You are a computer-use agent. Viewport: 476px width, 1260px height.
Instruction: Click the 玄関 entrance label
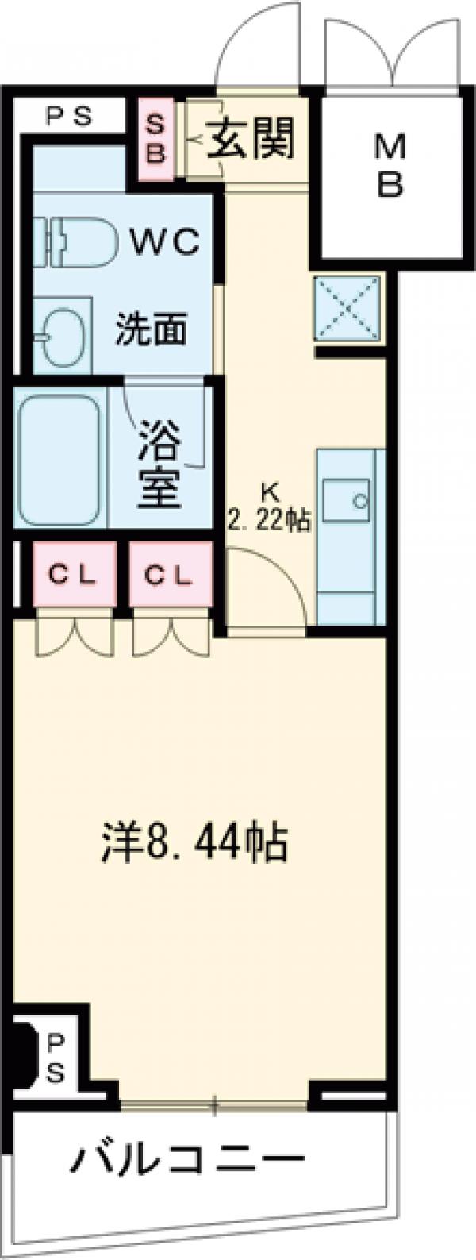click(x=251, y=140)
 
